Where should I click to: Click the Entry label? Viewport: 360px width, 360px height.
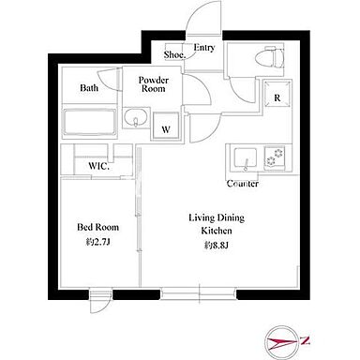204,48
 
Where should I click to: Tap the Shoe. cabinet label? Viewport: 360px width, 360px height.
175,54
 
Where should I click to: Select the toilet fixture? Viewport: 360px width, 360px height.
270,57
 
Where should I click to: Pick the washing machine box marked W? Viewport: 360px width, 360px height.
166,126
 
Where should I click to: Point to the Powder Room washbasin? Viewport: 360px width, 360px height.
136,118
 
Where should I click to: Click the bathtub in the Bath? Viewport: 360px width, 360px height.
90,123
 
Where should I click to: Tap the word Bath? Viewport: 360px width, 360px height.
89,88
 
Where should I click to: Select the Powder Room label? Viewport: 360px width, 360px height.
154,84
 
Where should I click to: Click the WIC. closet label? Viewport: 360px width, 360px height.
98,166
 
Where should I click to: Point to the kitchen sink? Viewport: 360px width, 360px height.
246,158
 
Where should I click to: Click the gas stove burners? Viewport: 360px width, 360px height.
275,157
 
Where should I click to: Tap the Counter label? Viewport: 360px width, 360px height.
243,184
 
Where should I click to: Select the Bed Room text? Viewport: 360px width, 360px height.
98,227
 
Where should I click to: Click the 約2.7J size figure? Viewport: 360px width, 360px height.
97,243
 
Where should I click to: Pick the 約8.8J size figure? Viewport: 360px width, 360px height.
217,246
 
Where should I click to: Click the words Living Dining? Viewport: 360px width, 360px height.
217,217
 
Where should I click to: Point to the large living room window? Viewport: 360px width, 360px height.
199,294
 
